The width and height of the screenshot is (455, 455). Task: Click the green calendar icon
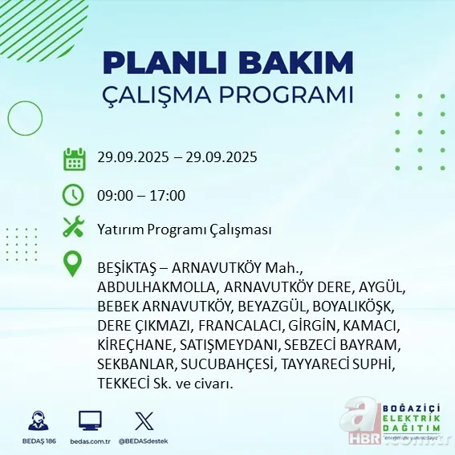[x=74, y=159]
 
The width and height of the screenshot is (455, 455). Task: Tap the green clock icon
[x=74, y=195]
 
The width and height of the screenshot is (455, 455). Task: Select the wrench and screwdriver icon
[x=74, y=229]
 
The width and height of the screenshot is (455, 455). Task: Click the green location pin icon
[x=74, y=265]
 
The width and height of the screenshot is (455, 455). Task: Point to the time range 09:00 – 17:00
[x=142, y=195]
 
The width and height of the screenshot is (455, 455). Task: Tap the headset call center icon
[x=37, y=421]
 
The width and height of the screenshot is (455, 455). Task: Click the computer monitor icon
[x=90, y=420]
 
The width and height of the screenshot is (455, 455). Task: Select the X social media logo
[x=144, y=420]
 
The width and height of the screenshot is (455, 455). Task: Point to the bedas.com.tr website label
[x=90, y=442]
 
